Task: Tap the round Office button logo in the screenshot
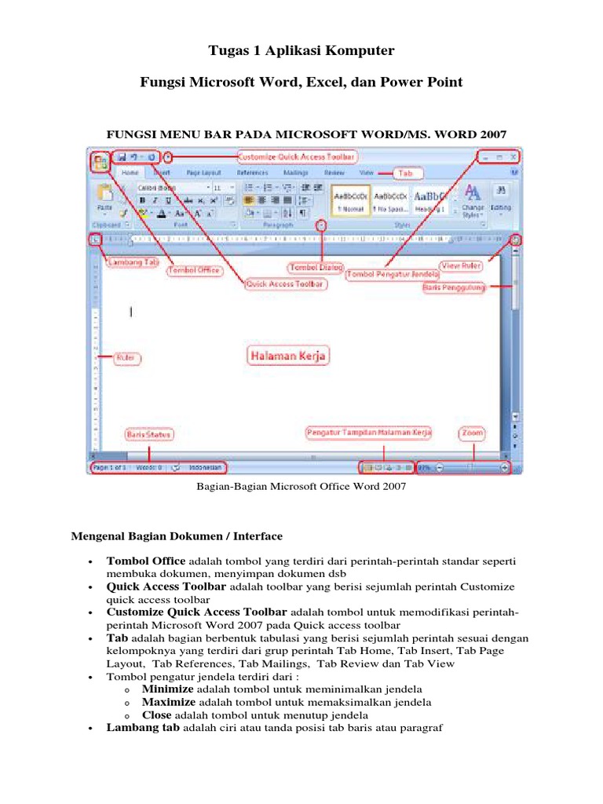(100, 163)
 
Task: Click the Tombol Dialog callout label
(316, 268)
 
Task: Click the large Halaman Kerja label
(287, 356)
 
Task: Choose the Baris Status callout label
(148, 434)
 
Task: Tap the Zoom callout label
(473, 433)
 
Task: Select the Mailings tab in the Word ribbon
(295, 172)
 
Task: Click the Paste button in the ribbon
(104, 196)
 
